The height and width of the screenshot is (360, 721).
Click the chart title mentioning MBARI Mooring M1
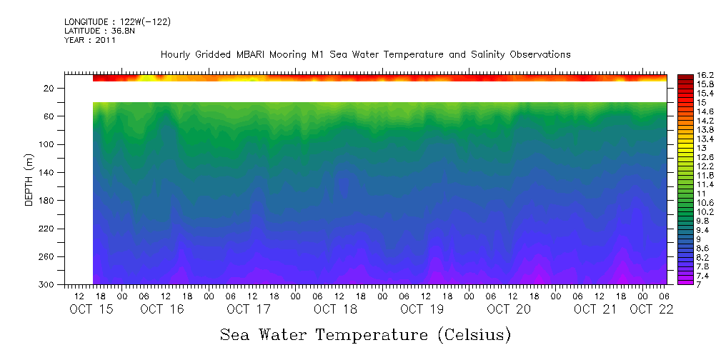coord(365,55)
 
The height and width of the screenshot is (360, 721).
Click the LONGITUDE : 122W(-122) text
coord(117,22)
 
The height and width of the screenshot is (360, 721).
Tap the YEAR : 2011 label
coord(89,41)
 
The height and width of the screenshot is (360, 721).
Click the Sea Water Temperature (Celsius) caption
coord(365,334)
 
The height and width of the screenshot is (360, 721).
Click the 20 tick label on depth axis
coord(50,88)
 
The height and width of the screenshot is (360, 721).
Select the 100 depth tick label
coord(48,144)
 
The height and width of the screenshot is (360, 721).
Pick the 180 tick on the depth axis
coord(48,201)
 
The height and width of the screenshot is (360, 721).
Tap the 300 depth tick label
coord(48,285)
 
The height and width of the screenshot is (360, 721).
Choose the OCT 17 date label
coord(249,309)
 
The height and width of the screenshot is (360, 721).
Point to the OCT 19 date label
coord(422,309)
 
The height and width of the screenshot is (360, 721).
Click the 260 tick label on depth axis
coord(48,257)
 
